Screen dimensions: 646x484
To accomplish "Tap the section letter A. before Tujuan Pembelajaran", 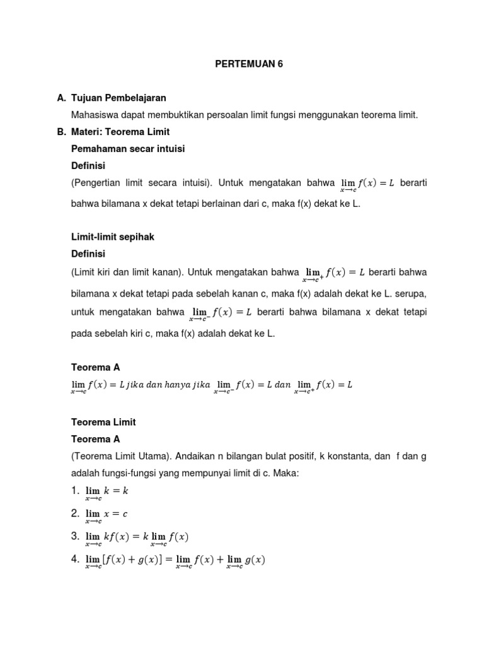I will [62, 98].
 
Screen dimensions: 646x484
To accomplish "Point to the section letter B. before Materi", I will [62, 132].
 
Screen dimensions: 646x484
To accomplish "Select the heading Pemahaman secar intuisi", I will [128, 149].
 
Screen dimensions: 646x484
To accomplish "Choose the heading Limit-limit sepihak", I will [113, 237].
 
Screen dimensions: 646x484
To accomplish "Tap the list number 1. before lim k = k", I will [76, 490].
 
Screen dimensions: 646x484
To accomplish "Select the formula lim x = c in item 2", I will [106, 514].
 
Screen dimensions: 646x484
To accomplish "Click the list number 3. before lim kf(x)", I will [76, 536].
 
